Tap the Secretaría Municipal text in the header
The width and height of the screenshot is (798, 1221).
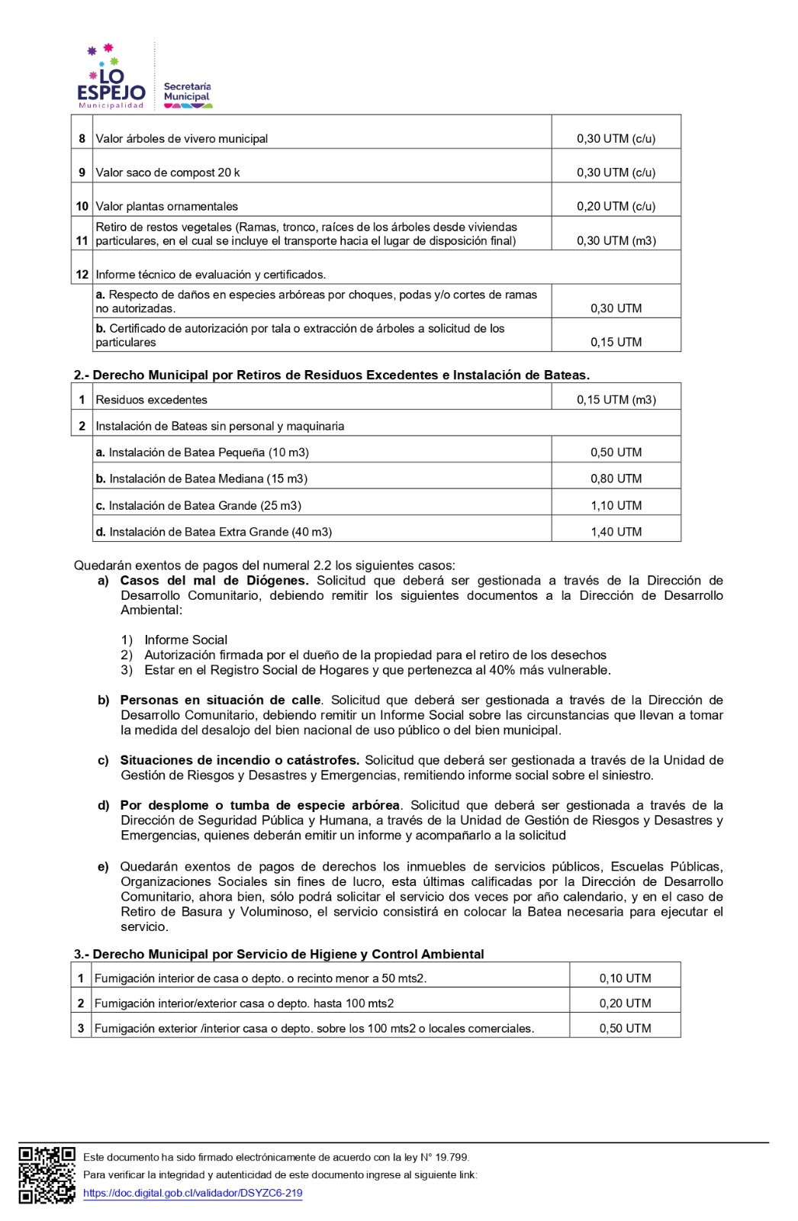pos(187,92)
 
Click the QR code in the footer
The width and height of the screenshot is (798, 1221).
pos(47,1175)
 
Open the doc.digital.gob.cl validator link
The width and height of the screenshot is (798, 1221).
pos(192,1193)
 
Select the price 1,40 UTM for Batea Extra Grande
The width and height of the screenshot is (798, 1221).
pos(616,532)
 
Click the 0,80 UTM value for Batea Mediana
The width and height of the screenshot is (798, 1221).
pos(616,479)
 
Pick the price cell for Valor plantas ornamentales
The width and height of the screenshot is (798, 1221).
pos(616,206)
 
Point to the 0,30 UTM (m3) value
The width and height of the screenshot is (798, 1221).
pos(616,240)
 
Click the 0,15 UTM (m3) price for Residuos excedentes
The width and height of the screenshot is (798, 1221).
pos(616,400)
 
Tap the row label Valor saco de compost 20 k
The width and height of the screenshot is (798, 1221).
pos(168,172)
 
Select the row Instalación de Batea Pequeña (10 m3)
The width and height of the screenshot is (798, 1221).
pos(202,453)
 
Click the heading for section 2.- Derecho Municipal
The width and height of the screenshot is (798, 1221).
pos(331,375)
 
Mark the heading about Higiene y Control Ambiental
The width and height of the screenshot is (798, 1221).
pos(278,954)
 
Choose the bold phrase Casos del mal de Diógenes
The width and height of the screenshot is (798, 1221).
pos(214,581)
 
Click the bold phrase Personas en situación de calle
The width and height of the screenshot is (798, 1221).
pos(220,700)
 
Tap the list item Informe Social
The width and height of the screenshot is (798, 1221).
pos(185,640)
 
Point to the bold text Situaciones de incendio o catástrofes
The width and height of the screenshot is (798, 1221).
pos(239,760)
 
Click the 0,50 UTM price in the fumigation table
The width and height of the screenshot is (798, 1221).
pos(625,1029)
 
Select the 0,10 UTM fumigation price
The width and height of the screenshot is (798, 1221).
pos(625,978)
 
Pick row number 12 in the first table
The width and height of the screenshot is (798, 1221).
pos(82,275)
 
